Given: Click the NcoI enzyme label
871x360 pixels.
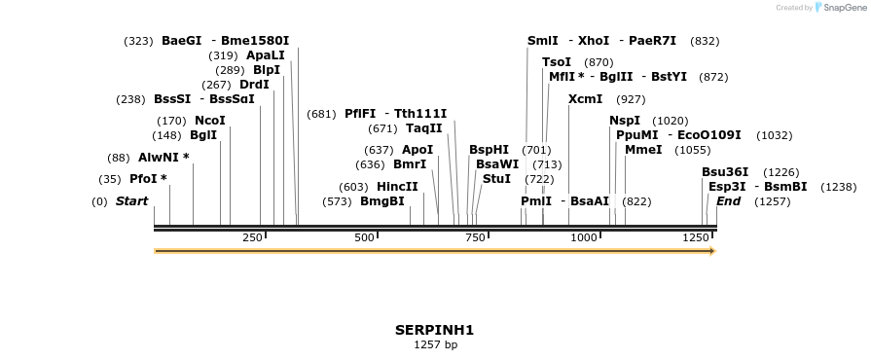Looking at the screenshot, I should tap(210, 121).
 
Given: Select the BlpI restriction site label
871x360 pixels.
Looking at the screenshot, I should tap(267, 70).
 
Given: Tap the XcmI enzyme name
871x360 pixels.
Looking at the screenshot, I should tap(585, 99).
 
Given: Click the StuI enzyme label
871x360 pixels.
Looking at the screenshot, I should tap(496, 179).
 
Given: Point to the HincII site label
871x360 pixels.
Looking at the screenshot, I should tap(397, 187).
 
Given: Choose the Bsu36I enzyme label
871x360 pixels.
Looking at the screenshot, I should tap(725, 172).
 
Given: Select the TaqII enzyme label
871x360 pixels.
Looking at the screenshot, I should tap(424, 128).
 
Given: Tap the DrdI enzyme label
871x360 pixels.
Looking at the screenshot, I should tap(254, 85).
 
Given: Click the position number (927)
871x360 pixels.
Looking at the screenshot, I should tap(632, 99).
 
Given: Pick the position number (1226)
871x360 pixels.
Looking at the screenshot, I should tap(780, 172).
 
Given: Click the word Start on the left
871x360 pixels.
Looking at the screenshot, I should tap(131, 201).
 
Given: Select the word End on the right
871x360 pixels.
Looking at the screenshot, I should tap(728, 201).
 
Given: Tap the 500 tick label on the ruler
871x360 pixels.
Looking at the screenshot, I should tap(365, 237).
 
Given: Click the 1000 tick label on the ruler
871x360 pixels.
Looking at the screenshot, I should tap(583, 237).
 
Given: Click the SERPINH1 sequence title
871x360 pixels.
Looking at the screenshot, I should tap(434, 330).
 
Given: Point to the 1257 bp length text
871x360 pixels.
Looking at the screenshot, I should tap(435, 344).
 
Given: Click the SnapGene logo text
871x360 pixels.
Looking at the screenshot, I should tap(843, 8).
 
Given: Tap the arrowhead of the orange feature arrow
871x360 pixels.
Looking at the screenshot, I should tap(712, 251).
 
